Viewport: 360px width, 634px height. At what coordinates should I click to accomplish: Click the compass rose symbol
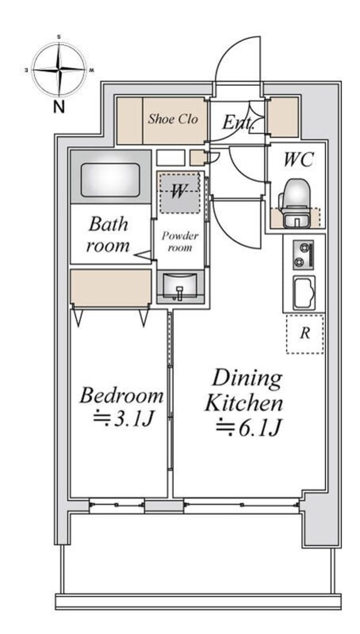(59, 70)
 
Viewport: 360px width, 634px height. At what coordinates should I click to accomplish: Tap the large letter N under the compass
(59, 107)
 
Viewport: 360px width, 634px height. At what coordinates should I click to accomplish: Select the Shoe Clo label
(173, 119)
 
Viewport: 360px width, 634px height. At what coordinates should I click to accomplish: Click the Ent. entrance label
(238, 122)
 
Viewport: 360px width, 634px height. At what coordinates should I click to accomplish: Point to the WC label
(298, 160)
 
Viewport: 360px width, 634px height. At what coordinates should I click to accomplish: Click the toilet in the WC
(297, 204)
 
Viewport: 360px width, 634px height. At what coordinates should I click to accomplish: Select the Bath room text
(108, 235)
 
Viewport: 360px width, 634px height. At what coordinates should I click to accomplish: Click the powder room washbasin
(179, 287)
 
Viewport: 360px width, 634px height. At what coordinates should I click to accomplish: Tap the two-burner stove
(304, 255)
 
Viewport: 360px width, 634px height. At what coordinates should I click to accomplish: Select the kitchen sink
(304, 293)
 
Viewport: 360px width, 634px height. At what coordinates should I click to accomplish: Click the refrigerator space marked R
(305, 334)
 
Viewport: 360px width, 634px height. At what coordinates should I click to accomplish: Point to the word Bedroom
(121, 395)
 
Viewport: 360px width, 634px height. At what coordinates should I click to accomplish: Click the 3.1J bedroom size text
(122, 419)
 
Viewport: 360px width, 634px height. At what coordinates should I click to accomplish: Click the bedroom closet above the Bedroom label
(110, 287)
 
